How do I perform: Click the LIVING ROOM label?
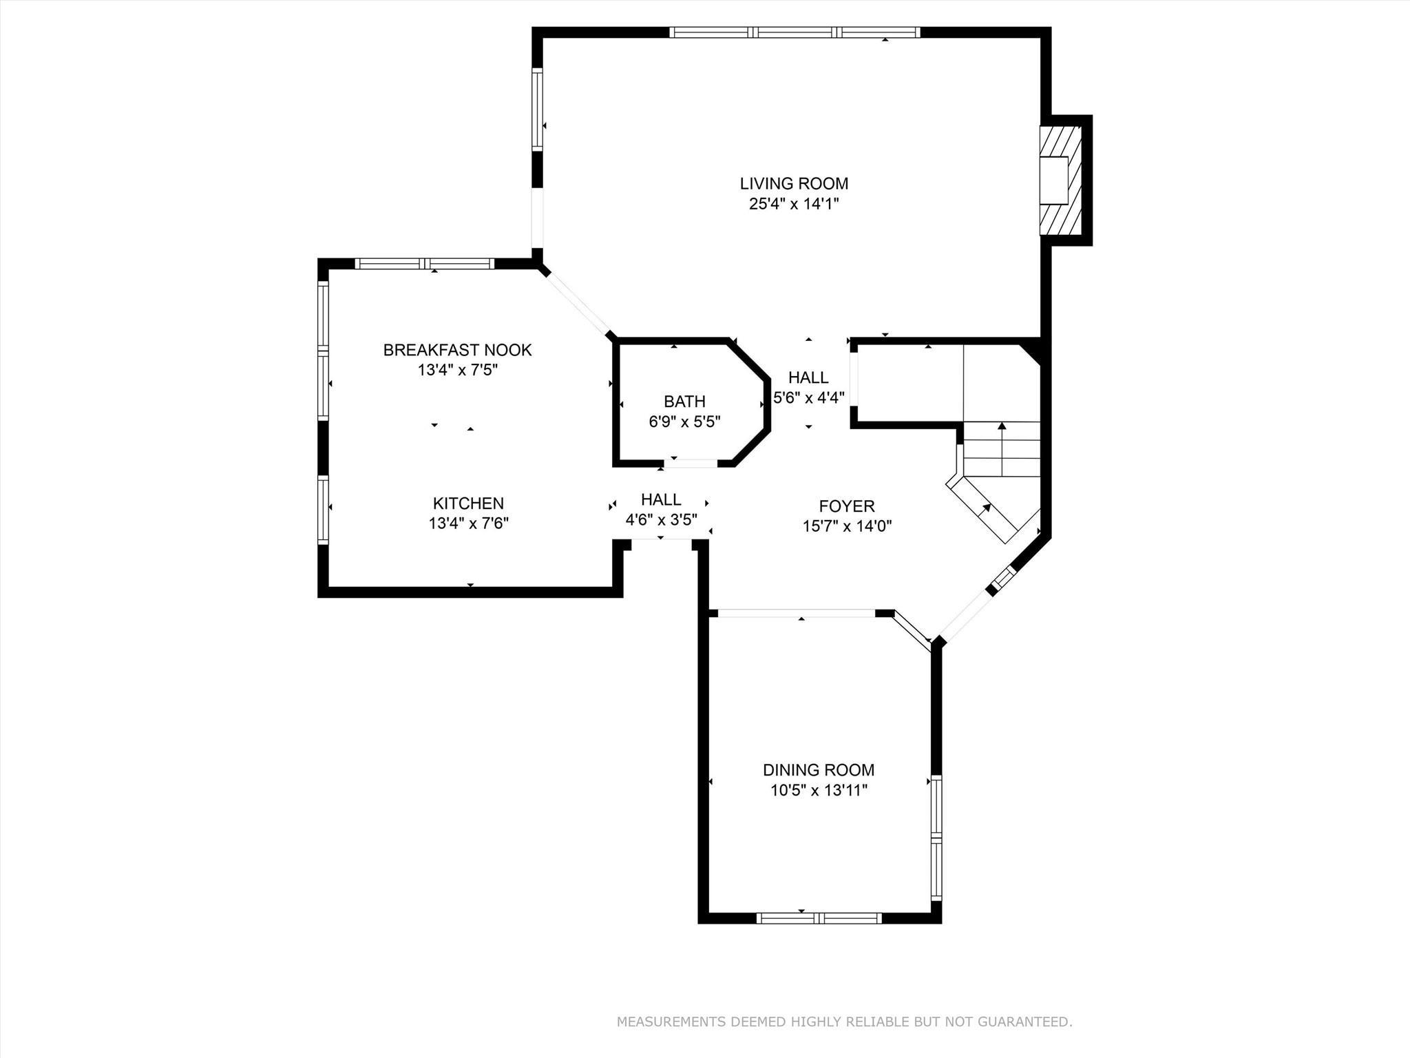pyautogui.click(x=794, y=183)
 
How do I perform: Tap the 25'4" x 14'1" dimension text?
pyautogui.click(x=794, y=204)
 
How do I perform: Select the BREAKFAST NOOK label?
pyautogui.click(x=457, y=350)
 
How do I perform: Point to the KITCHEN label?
pyautogui.click(x=468, y=504)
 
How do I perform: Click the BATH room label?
pyautogui.click(x=684, y=401)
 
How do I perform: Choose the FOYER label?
pyautogui.click(x=847, y=506)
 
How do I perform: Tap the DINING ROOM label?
pyautogui.click(x=819, y=770)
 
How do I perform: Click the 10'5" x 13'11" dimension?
pyautogui.click(x=819, y=790)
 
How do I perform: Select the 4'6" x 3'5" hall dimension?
pyautogui.click(x=661, y=519)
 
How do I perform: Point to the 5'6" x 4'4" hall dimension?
pyautogui.click(x=809, y=397)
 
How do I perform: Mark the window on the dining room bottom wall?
pyautogui.click(x=819, y=917)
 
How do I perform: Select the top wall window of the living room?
pyautogui.click(x=795, y=32)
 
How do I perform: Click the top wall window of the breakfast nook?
pyautogui.click(x=425, y=263)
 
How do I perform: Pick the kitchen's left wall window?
pyautogui.click(x=322, y=509)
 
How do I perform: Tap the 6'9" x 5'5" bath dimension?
pyautogui.click(x=684, y=422)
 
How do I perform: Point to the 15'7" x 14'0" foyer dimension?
pyautogui.click(x=847, y=526)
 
